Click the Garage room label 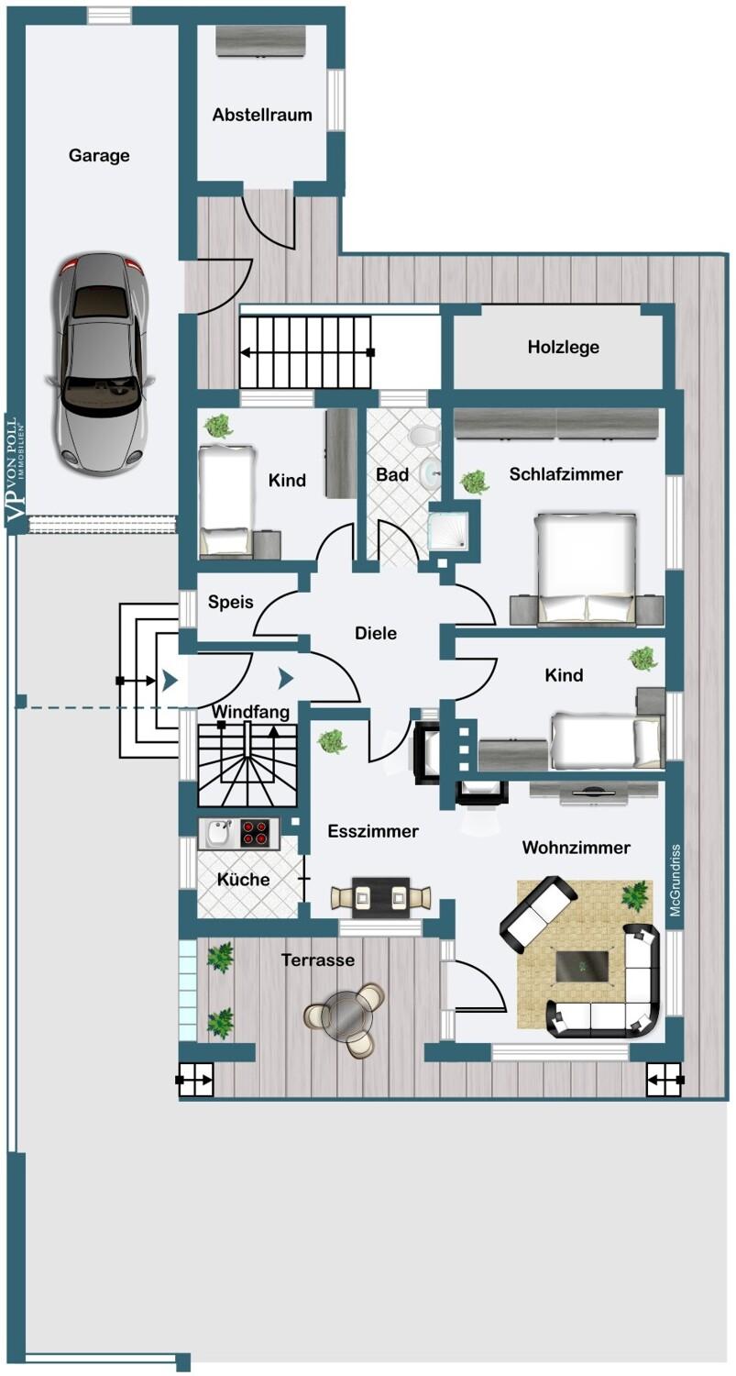pos(99,156)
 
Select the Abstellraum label pos(262,116)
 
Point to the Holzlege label pos(564,347)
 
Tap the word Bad pos(391,475)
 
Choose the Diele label pos(376,633)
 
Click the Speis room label pos(230,603)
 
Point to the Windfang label pos(250,712)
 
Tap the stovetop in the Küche pos(256,833)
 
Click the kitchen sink pos(217,833)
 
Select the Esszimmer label pos(373,832)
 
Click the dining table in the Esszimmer pos(382,894)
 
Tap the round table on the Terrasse pos(345,1015)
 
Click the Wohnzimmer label pos(576,849)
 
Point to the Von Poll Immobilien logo pos(16,472)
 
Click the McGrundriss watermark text pos(675,882)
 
